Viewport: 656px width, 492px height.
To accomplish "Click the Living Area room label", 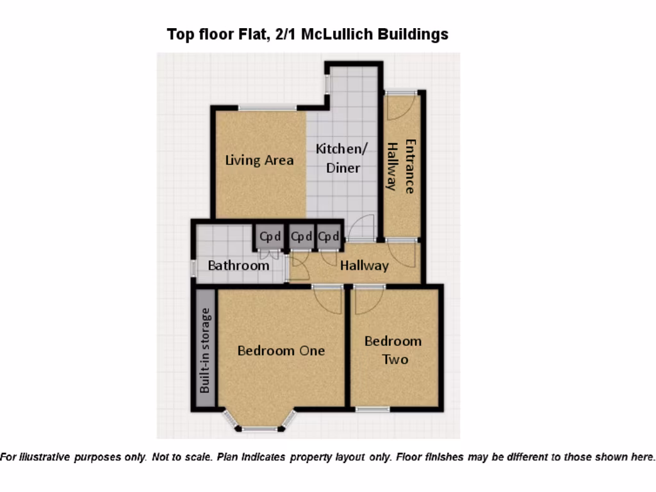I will [x=259, y=160].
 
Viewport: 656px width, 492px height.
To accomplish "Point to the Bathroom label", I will [x=238, y=265].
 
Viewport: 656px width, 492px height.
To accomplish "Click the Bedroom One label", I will [x=281, y=350].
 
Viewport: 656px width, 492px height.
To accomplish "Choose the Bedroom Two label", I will [x=393, y=350].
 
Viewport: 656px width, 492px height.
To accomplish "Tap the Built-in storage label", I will [x=205, y=350].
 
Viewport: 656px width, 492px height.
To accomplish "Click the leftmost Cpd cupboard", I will [x=269, y=236].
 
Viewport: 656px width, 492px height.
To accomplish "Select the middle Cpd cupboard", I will [x=301, y=236].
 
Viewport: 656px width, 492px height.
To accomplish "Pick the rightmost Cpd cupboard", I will [x=329, y=236].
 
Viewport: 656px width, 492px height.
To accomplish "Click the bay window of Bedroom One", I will [x=259, y=427].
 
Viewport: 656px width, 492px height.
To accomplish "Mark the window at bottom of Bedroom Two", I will [x=373, y=409].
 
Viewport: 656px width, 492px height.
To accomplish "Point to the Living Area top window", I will [x=267, y=108].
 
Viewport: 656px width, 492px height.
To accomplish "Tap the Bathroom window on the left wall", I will [x=193, y=268].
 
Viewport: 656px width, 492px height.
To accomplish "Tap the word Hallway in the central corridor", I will [x=364, y=265].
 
